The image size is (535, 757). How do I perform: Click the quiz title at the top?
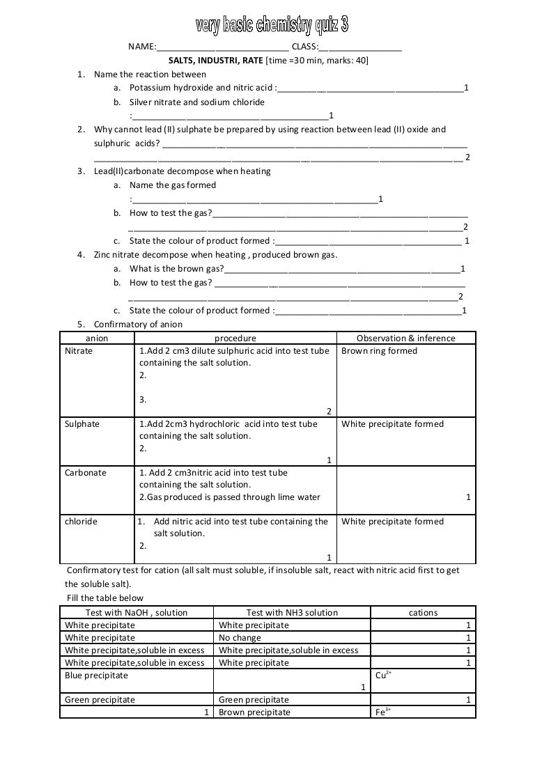tap(271, 26)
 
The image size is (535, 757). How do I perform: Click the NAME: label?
tap(141, 47)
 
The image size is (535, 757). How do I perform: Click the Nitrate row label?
tap(78, 351)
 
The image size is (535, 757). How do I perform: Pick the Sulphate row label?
tap(82, 424)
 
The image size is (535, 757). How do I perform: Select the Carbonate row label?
tap(85, 473)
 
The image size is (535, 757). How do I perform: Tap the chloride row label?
tap(81, 522)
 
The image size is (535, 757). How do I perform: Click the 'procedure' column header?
tap(235, 338)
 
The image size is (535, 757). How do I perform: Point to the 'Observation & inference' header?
tap(405, 338)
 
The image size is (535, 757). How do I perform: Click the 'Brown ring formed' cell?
tap(379, 351)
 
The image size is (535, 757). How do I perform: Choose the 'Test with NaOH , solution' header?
tap(137, 613)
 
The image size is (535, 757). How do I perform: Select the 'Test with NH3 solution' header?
tap(292, 613)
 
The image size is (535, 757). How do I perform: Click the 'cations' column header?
tap(423, 613)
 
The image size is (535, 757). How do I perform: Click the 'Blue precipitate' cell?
tap(96, 676)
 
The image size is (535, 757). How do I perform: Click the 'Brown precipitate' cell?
tap(254, 712)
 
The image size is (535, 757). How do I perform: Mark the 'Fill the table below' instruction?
tap(104, 598)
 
